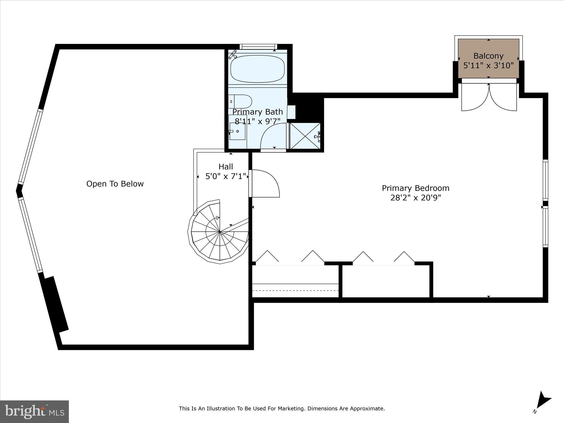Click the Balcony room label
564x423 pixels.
[488, 56]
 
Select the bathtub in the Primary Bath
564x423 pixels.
[257, 69]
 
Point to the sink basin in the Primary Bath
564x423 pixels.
[237, 131]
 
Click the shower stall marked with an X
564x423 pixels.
[305, 136]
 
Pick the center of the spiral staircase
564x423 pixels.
[220, 232]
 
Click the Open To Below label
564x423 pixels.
[115, 184]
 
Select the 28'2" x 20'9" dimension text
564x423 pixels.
[416, 198]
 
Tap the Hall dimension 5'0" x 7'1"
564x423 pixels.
[226, 176]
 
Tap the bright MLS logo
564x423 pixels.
[34, 411]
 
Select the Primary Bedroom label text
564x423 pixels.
[415, 188]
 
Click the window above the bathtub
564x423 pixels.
[258, 47]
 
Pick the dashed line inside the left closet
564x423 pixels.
[295, 290]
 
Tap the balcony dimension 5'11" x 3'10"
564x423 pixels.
[488, 66]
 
